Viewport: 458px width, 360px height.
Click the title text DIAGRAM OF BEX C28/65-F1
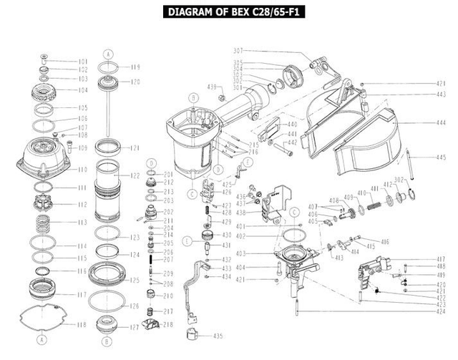229,12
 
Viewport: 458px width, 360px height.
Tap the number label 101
82,62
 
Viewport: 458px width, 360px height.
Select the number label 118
82,325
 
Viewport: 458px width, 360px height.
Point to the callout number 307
238,50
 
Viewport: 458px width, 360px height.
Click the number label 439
211,87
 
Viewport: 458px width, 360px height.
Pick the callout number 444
441,123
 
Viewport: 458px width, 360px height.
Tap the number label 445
441,157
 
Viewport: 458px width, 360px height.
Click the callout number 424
441,312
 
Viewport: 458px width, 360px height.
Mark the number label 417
441,259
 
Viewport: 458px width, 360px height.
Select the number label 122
135,175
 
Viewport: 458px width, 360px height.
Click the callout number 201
169,175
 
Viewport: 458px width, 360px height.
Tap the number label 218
169,324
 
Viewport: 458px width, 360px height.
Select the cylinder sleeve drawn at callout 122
111,192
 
